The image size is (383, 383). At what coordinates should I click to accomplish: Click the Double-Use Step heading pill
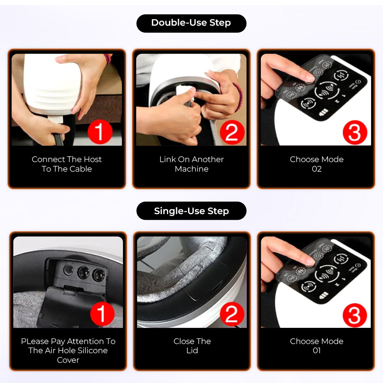pos(191,23)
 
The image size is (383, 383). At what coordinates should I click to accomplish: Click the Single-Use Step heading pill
pos(191,211)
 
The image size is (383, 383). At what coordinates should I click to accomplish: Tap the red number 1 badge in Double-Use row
pos(100,132)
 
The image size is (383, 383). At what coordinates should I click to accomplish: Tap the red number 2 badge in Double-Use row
pos(232,132)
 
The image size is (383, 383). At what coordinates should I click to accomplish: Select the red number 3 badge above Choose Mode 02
pos(355,133)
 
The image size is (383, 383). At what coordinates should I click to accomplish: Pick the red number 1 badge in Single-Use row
pos(102,314)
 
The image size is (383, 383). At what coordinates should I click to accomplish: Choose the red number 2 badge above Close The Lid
pos(232,314)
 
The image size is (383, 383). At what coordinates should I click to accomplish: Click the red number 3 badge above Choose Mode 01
pos(355,315)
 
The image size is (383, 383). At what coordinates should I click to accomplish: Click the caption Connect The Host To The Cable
pos(67,164)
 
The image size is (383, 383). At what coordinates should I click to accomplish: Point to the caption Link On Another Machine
pos(191,164)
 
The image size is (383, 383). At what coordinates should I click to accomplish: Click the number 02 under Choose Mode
pos(317,169)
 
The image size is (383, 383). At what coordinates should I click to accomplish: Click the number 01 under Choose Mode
pos(317,350)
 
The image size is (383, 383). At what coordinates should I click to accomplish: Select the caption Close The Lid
pos(192,346)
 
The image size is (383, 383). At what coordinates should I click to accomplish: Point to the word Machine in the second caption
pos(191,169)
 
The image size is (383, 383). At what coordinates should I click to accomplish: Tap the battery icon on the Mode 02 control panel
pos(324,113)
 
